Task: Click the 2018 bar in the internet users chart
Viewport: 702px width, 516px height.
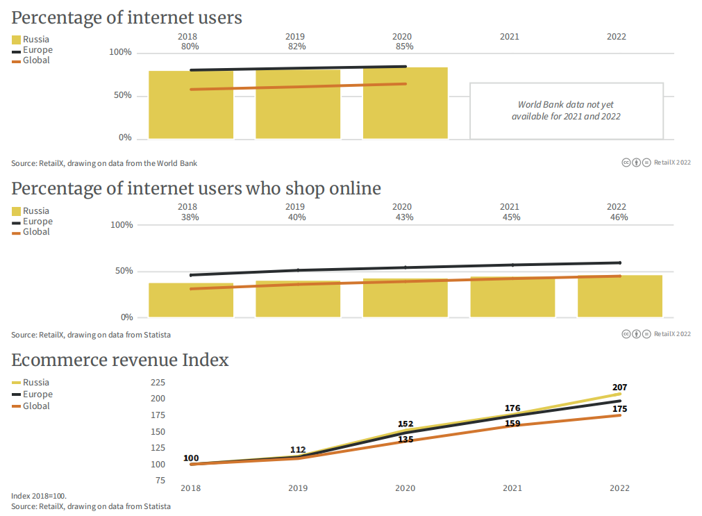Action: tap(191, 104)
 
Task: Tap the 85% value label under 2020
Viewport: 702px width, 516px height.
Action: tap(404, 47)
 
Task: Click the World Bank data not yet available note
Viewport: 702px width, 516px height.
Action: tap(566, 110)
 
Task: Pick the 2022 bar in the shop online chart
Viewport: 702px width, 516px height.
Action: tap(619, 297)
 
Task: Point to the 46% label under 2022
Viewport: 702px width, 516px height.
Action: tap(619, 217)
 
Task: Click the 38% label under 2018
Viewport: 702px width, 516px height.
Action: tap(190, 217)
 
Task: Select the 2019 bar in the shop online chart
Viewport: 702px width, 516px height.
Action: tap(298, 299)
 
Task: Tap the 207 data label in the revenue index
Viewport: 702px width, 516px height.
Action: tap(619, 387)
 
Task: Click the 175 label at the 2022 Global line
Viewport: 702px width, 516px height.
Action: tap(619, 409)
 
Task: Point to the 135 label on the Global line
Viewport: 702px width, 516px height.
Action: tap(406, 440)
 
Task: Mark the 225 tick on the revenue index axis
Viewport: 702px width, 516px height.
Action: tap(158, 383)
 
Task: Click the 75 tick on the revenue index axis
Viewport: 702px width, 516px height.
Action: tap(160, 481)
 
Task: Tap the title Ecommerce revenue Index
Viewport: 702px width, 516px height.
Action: tap(120, 360)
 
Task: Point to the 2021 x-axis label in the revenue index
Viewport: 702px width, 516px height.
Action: tap(512, 488)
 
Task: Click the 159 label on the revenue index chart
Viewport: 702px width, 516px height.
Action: tap(512, 423)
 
